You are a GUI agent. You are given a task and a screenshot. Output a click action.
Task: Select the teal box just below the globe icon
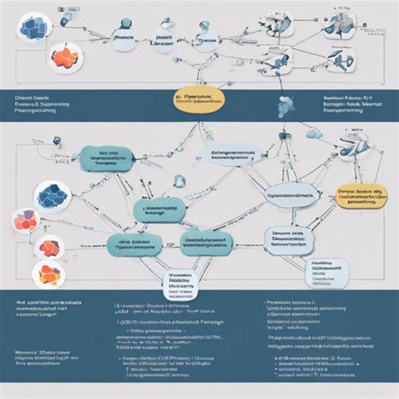(x=160, y=210)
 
